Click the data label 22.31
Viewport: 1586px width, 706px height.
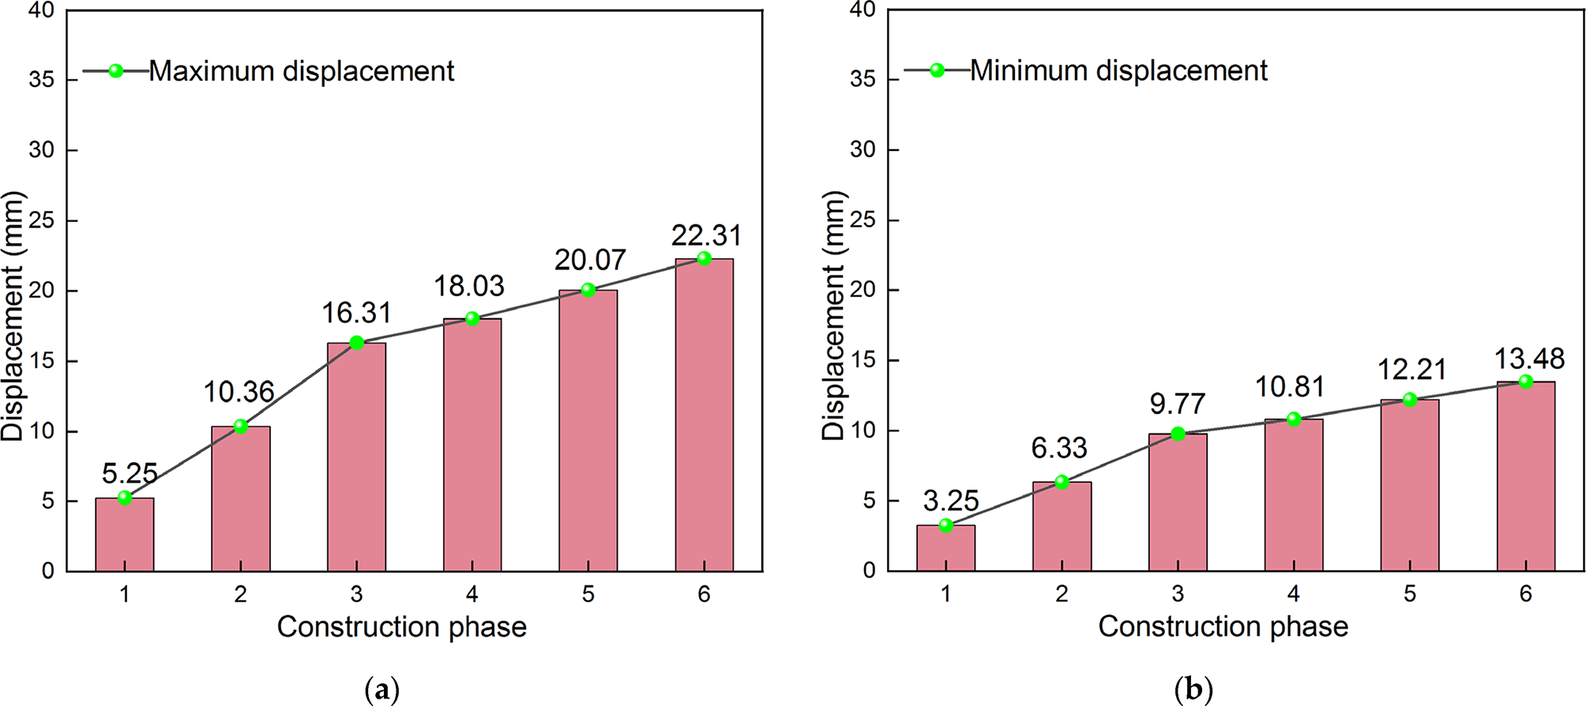pos(706,235)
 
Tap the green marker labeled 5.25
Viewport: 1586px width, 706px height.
pos(125,498)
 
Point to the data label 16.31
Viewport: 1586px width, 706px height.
pos(356,313)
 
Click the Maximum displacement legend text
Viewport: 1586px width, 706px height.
pos(301,71)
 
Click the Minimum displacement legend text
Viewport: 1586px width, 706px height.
pos(1118,70)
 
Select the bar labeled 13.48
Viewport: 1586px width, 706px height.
pos(1525,476)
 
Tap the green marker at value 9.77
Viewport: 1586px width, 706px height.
pos(1178,434)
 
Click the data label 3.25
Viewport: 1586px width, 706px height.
pos(951,501)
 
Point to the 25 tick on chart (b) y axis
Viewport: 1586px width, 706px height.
pos(863,220)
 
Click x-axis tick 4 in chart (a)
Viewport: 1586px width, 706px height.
pos(472,595)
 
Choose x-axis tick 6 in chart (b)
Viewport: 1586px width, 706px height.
pos(1525,594)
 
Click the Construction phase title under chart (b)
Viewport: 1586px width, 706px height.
pos(1223,626)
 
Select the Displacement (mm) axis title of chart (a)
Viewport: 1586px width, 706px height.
pos(13,316)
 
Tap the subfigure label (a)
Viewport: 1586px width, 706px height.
pos(382,690)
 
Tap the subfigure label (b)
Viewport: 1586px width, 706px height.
pos(1193,690)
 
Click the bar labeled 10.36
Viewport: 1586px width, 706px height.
pos(241,498)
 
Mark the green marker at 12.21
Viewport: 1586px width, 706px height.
pos(1409,400)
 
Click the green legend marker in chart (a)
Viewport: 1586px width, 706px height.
pos(116,71)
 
